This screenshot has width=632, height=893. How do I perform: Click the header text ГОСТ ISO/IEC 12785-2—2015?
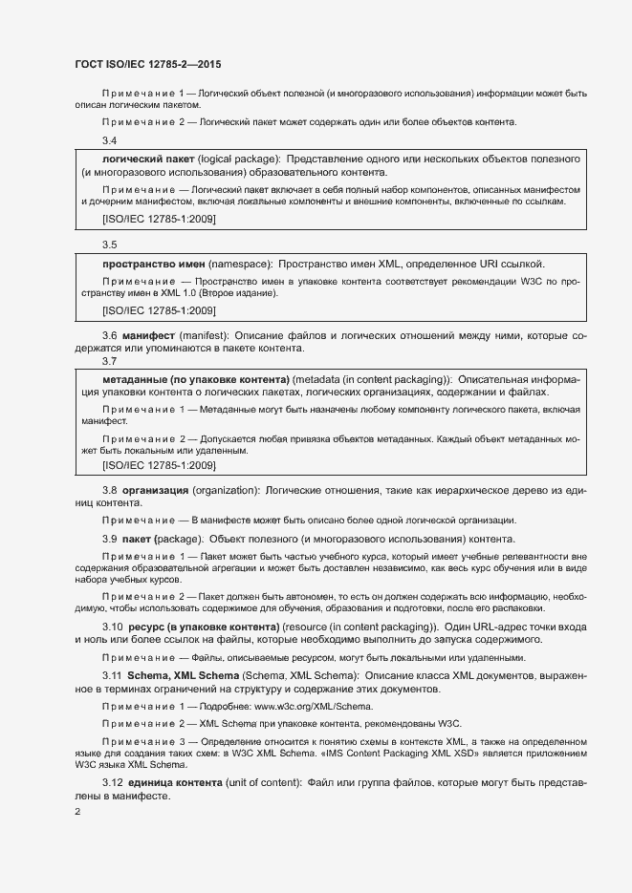click(148, 64)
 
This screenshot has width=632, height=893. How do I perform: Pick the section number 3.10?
click(113, 627)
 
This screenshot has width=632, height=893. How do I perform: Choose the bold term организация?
click(155, 490)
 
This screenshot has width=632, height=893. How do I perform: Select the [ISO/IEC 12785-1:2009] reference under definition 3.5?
click(159, 311)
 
